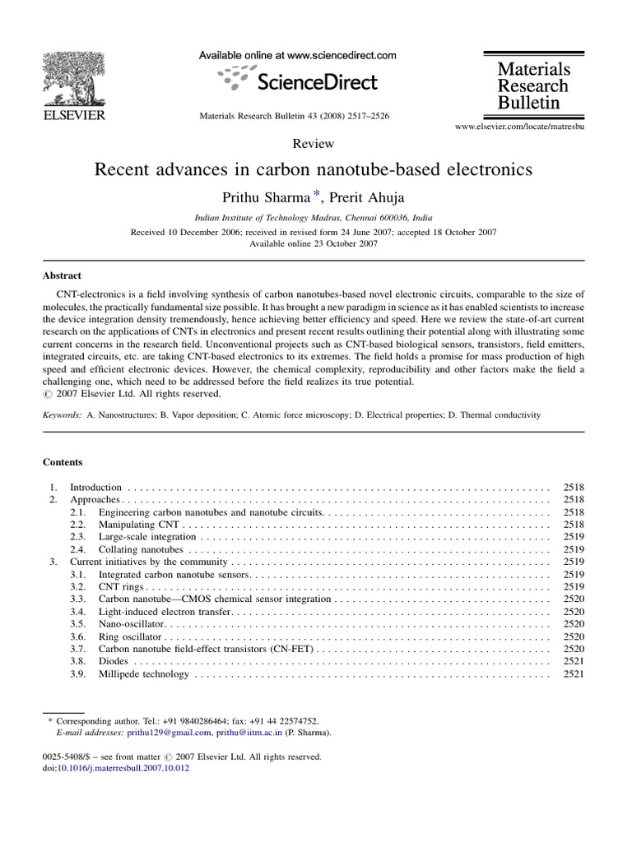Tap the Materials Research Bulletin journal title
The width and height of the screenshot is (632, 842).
coord(532,86)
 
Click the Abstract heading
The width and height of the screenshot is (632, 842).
coord(62,276)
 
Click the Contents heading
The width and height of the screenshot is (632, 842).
coord(63,462)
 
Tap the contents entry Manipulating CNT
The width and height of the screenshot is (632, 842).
coord(138,524)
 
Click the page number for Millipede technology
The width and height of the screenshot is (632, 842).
coord(573,674)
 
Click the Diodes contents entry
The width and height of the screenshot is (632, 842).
coord(114,662)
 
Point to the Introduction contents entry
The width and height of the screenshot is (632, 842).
coord(95,487)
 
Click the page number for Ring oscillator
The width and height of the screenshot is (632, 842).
coord(573,637)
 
